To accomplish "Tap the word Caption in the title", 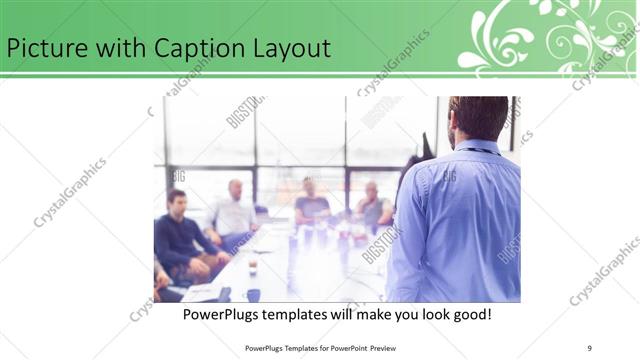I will coord(184,48).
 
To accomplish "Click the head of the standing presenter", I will coord(478,118).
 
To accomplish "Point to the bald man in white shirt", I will coord(235,210).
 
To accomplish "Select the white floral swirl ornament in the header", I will coord(540,36).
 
